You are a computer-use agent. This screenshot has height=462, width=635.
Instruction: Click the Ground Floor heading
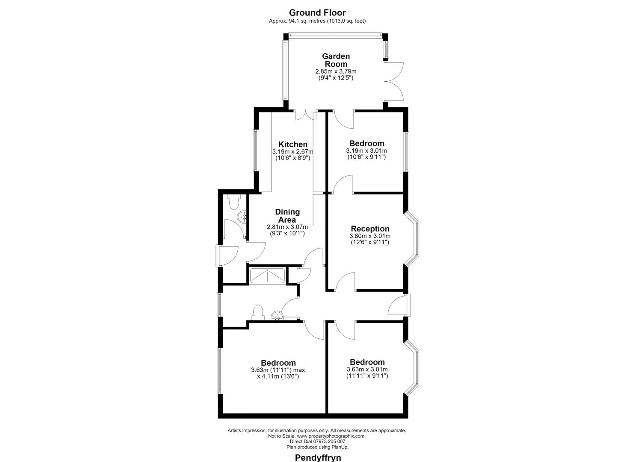pyautogui.click(x=317, y=13)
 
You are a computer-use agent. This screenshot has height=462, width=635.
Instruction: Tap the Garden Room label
pyautogui.click(x=336, y=60)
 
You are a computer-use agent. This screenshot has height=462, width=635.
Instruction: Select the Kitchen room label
pyautogui.click(x=293, y=144)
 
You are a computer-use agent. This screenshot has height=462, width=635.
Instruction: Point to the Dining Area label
pyautogui.click(x=287, y=216)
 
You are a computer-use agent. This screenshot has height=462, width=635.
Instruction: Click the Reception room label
pyautogui.click(x=370, y=228)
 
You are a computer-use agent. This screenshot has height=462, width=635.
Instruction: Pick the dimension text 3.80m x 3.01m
pyautogui.click(x=370, y=236)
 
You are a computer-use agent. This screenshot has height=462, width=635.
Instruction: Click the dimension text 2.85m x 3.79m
pyautogui.click(x=336, y=71)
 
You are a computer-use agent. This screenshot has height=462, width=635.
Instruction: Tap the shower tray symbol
pyautogui.click(x=267, y=275)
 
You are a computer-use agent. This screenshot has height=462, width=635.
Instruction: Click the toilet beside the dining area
pyautogui.click(x=234, y=202)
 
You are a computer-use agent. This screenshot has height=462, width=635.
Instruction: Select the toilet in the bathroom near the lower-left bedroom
pyautogui.click(x=258, y=313)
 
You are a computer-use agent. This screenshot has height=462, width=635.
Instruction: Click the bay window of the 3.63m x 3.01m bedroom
pyautogui.click(x=412, y=367)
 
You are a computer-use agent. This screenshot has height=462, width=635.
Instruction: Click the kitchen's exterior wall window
pyautogui.click(x=255, y=150)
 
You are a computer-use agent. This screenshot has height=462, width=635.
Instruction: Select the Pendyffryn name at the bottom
pyautogui.click(x=318, y=457)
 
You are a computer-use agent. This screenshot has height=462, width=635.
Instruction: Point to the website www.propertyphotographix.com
pyautogui.click(x=331, y=436)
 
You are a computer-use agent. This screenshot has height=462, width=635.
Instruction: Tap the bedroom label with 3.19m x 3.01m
pyautogui.click(x=366, y=143)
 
